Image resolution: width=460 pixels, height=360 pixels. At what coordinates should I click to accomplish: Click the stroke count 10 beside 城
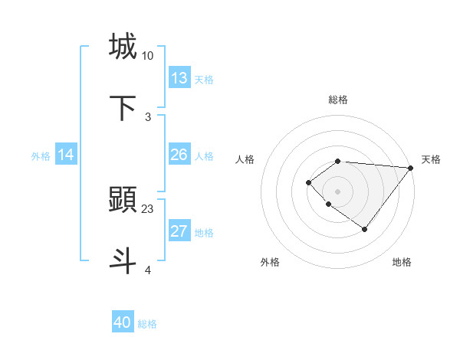(x=148, y=56)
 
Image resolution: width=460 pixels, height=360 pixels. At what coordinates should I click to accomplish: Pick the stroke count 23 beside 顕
(x=148, y=208)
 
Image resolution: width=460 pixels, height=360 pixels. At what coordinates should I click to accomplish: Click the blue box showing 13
(x=179, y=78)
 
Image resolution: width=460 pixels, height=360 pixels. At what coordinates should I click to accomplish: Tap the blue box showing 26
(x=179, y=155)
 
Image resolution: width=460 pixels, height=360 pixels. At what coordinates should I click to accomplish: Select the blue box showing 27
(x=179, y=231)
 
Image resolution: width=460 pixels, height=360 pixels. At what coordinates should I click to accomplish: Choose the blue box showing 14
(x=66, y=155)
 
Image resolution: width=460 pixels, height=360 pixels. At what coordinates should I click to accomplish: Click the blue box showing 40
(x=123, y=322)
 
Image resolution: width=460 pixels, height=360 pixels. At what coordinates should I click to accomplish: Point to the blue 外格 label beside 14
(x=41, y=156)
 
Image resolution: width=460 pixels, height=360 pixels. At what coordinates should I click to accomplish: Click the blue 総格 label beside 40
(x=148, y=324)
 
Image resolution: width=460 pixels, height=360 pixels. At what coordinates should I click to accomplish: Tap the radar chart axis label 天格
(x=431, y=159)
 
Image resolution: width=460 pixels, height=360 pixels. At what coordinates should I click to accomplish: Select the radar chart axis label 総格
(x=338, y=100)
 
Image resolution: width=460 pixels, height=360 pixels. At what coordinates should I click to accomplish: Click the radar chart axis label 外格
(x=270, y=262)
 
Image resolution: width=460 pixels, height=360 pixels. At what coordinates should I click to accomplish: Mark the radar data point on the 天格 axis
(x=411, y=167)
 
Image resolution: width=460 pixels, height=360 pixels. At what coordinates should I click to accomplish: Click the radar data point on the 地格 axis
(x=365, y=229)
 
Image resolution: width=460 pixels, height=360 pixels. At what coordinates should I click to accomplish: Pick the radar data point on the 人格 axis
(x=308, y=182)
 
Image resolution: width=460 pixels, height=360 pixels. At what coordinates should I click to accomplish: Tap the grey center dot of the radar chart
(x=338, y=191)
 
